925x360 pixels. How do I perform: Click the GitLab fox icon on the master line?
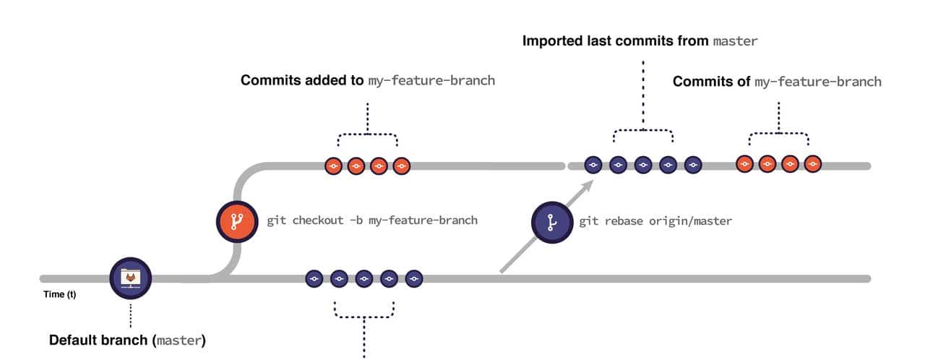click(131, 278)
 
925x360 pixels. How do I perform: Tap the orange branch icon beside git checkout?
click(237, 222)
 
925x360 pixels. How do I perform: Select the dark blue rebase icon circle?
click(552, 222)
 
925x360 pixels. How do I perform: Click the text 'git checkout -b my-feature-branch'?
click(372, 220)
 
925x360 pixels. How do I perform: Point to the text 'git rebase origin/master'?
click(655, 220)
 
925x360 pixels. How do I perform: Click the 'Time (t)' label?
click(61, 295)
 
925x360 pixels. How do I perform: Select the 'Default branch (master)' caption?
click(127, 339)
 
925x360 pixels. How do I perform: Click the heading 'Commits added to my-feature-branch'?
click(368, 80)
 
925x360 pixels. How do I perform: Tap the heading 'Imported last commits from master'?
click(640, 41)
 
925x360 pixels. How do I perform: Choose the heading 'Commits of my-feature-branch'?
click(777, 82)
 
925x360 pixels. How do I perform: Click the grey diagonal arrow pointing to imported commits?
click(546, 228)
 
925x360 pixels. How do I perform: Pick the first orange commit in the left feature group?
click(333, 166)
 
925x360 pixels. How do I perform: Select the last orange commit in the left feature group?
click(401, 166)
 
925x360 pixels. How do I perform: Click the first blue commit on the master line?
click(314, 278)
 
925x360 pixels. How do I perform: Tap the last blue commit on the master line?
click(413, 278)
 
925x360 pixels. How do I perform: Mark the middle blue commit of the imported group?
click(643, 166)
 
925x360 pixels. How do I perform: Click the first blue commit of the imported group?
click(593, 166)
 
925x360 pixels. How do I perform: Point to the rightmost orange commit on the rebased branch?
click(813, 165)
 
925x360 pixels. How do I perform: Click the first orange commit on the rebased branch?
click(745, 165)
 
